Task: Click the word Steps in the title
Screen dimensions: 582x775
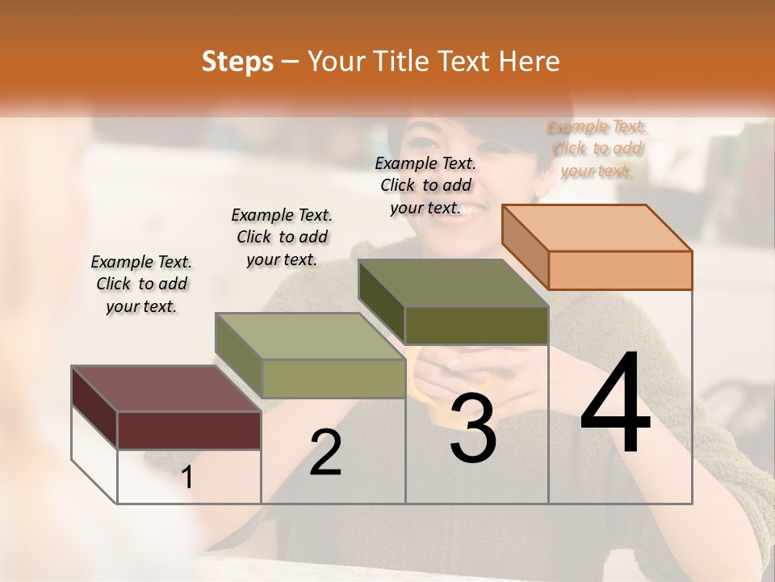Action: coord(237,61)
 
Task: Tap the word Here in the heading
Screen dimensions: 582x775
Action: coord(530,61)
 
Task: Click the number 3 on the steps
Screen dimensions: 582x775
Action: coord(473,430)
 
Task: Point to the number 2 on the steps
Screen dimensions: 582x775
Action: coord(325,453)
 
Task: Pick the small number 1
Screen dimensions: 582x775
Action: coord(187,478)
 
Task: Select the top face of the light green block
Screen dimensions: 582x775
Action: coord(310,336)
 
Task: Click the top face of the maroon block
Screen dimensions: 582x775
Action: coord(166,389)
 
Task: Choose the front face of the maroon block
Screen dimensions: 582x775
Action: coord(189,430)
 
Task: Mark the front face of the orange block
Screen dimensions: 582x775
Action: coord(620,270)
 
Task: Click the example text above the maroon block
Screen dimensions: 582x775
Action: coord(141,284)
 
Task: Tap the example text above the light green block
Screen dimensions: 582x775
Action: coord(282,237)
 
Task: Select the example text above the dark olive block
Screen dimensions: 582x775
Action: coord(425,185)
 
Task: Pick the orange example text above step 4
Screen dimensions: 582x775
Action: coord(597,148)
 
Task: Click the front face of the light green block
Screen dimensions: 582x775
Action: coord(333,378)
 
